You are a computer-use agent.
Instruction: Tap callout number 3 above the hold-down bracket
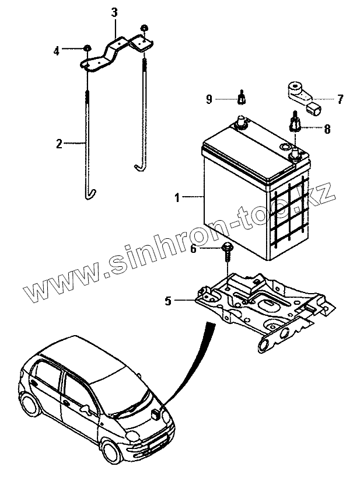[x=114, y=12]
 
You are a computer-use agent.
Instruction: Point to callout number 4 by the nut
[x=57, y=51]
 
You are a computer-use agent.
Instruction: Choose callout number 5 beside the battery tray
[x=168, y=301]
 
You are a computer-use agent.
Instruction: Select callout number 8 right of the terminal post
[x=327, y=129]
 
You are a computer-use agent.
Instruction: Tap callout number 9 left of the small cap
[x=208, y=100]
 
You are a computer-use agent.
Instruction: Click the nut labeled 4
[x=86, y=48]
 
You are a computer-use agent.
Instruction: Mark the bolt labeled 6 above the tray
[x=226, y=252]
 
